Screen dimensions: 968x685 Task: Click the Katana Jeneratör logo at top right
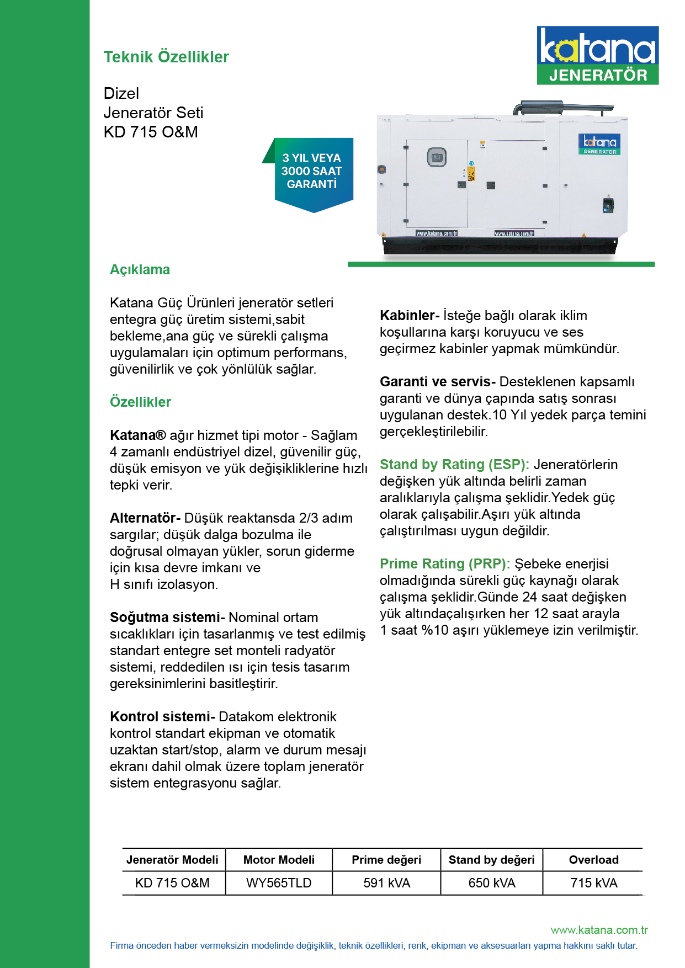pos(597,55)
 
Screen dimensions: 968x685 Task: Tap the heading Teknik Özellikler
pos(166,57)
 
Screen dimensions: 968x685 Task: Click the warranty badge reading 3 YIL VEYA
pos(312,172)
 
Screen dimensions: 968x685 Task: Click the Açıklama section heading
pos(140,270)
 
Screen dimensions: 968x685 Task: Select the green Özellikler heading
pos(140,402)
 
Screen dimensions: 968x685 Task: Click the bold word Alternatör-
pos(145,518)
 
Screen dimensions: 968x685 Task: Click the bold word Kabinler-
pos(409,316)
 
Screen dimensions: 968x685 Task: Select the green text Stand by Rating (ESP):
pos(454,465)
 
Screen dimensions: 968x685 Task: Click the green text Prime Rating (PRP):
pos(445,564)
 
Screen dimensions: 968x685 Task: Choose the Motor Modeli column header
pos(279,860)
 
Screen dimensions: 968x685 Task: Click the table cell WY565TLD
pos(279,883)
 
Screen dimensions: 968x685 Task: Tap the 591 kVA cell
pos(386,883)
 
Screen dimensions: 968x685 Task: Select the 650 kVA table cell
pos(491,883)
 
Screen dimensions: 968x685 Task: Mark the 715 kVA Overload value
pos(593,883)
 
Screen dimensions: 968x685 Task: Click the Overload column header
pos(593,860)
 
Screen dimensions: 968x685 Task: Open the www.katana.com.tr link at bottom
pos(599,930)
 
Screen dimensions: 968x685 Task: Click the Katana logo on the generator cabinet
pos(599,143)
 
